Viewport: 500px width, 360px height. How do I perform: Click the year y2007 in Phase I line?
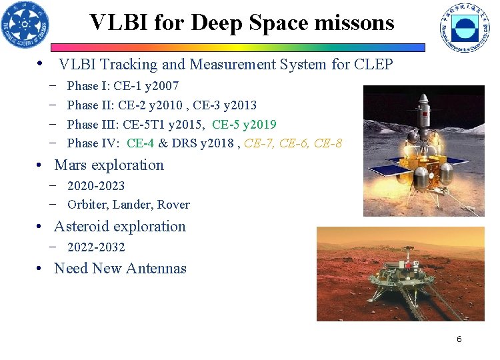click(x=161, y=86)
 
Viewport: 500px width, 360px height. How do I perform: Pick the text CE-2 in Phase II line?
click(x=128, y=105)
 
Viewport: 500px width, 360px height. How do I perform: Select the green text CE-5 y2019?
click(x=244, y=125)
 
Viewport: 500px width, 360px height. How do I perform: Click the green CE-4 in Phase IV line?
click(x=140, y=143)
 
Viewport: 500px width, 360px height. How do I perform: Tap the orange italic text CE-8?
click(x=327, y=143)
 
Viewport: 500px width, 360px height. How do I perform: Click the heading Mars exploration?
click(x=109, y=165)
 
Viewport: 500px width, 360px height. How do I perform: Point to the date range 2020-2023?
click(x=96, y=186)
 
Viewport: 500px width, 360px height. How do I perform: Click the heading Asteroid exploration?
click(x=120, y=227)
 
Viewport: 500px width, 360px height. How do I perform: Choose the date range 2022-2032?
click(x=96, y=247)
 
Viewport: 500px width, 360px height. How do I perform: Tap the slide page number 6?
click(x=459, y=339)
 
